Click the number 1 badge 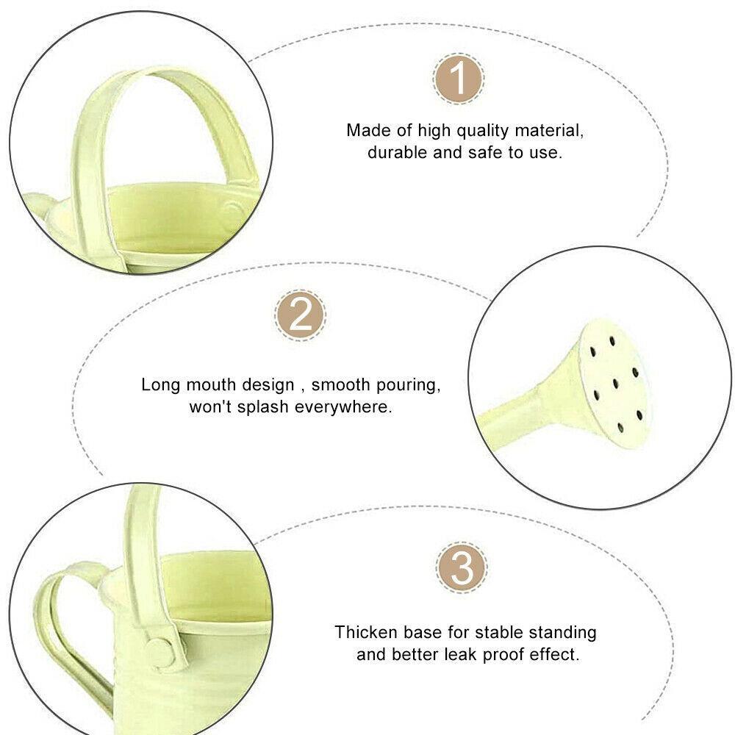(458, 79)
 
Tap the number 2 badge (300, 315)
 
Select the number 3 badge (462, 567)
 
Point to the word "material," (549, 130)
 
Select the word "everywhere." (343, 407)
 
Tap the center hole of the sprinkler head (615, 384)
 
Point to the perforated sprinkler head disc (614, 384)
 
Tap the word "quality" (483, 131)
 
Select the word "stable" (502, 632)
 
